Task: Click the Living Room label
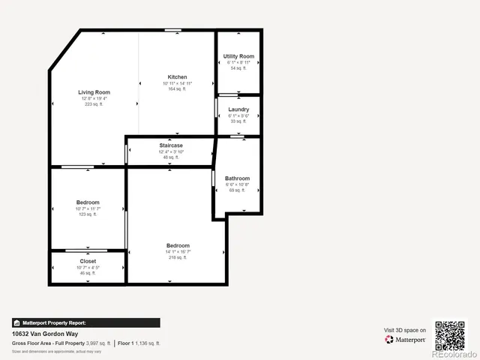click(94, 92)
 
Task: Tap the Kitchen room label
click(177, 77)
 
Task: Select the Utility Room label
click(238, 56)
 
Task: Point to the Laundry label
click(238, 109)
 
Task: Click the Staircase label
click(171, 145)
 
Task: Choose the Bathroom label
click(237, 178)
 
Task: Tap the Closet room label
click(88, 262)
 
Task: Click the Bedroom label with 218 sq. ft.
click(178, 245)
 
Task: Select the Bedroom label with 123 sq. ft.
click(88, 202)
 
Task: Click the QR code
click(450, 334)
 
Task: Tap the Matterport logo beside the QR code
click(406, 340)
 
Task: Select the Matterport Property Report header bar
click(85, 322)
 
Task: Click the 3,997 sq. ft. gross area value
click(98, 343)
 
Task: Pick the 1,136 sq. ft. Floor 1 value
click(147, 343)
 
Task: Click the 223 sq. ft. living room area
click(94, 104)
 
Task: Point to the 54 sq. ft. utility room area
click(238, 68)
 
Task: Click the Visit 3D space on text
click(405, 330)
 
